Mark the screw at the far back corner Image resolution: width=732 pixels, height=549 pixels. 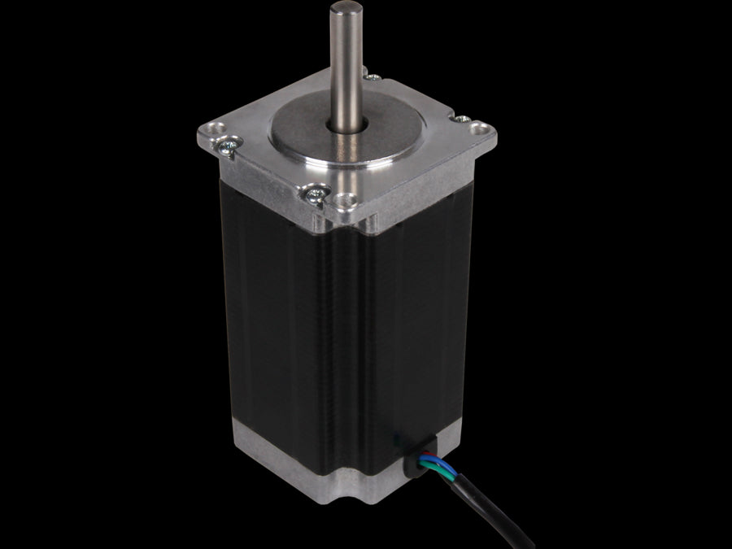click(x=373, y=78)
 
